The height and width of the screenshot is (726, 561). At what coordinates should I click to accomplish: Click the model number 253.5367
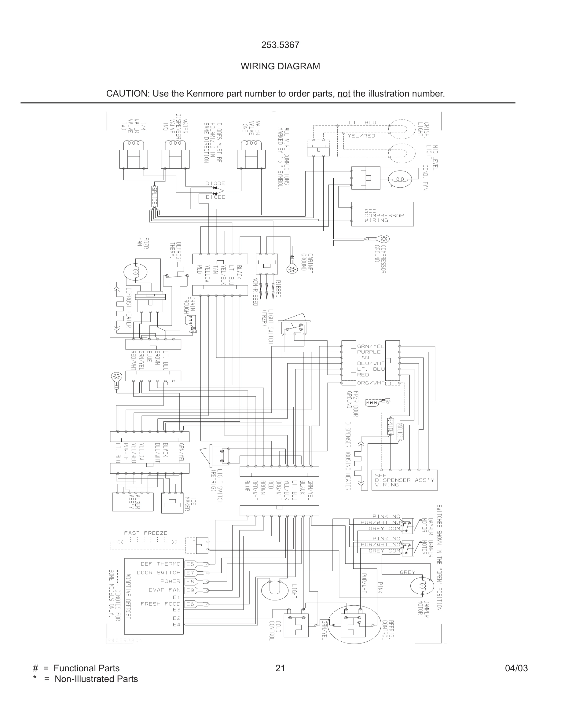[280, 45]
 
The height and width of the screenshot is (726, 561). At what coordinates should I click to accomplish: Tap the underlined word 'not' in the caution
[344, 94]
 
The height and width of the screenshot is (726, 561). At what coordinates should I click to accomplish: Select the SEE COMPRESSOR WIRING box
[382, 214]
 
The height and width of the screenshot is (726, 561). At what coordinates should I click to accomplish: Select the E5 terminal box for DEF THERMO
[190, 564]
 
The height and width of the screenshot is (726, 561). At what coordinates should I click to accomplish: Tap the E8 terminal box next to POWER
[190, 581]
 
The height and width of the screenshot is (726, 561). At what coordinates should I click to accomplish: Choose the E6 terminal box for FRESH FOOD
[190, 604]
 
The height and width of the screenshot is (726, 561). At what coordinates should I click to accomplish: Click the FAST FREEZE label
[145, 533]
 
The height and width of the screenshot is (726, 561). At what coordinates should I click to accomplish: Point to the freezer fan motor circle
[135, 272]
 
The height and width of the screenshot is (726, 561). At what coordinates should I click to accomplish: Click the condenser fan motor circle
[400, 179]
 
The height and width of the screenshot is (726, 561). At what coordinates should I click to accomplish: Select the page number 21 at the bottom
[280, 668]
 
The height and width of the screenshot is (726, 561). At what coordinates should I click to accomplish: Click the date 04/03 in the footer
[516, 668]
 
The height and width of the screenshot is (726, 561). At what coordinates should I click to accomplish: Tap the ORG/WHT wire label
[371, 383]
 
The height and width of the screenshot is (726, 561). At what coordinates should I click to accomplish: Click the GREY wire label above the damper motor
[407, 572]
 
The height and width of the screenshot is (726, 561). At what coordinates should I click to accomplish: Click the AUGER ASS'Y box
[133, 502]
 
